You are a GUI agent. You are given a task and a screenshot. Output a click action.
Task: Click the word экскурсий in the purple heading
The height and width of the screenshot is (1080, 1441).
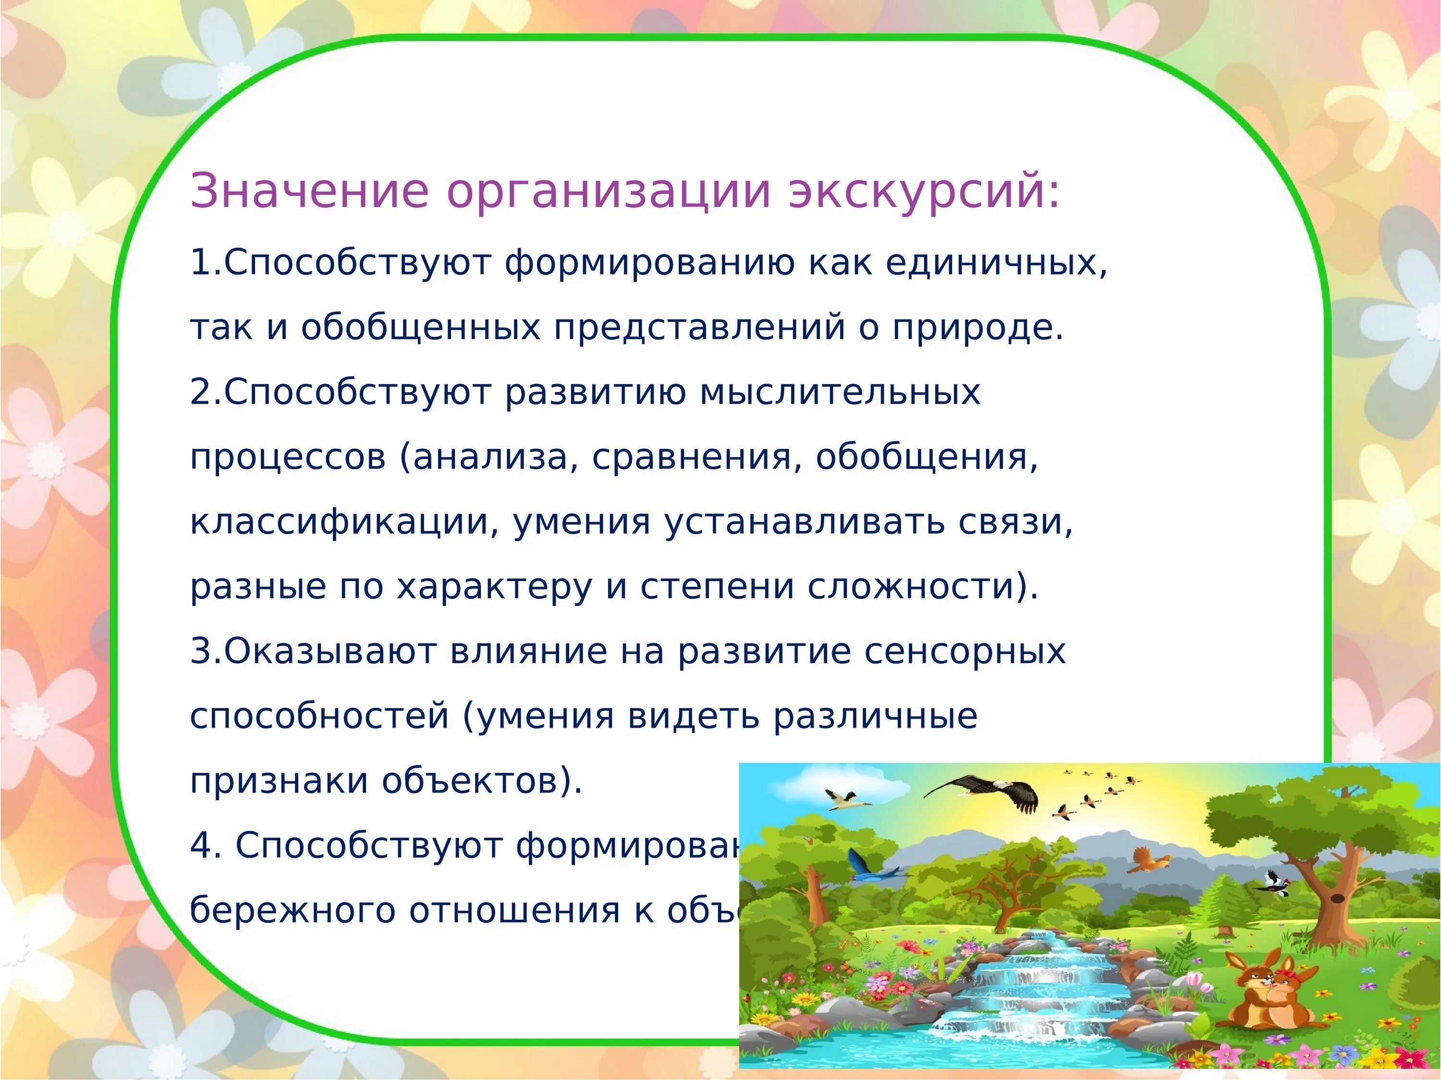925,192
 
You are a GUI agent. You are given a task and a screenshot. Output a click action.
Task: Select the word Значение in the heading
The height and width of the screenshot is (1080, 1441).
309,192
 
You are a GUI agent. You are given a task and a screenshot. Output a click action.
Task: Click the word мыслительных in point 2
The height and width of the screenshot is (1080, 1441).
841,393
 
